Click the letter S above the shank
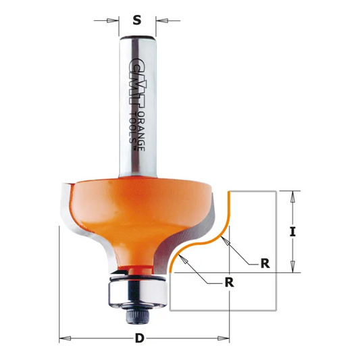[x=138, y=20]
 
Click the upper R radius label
[x=265, y=263]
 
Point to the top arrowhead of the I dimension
[x=292, y=196]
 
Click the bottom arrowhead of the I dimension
[x=292, y=268]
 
